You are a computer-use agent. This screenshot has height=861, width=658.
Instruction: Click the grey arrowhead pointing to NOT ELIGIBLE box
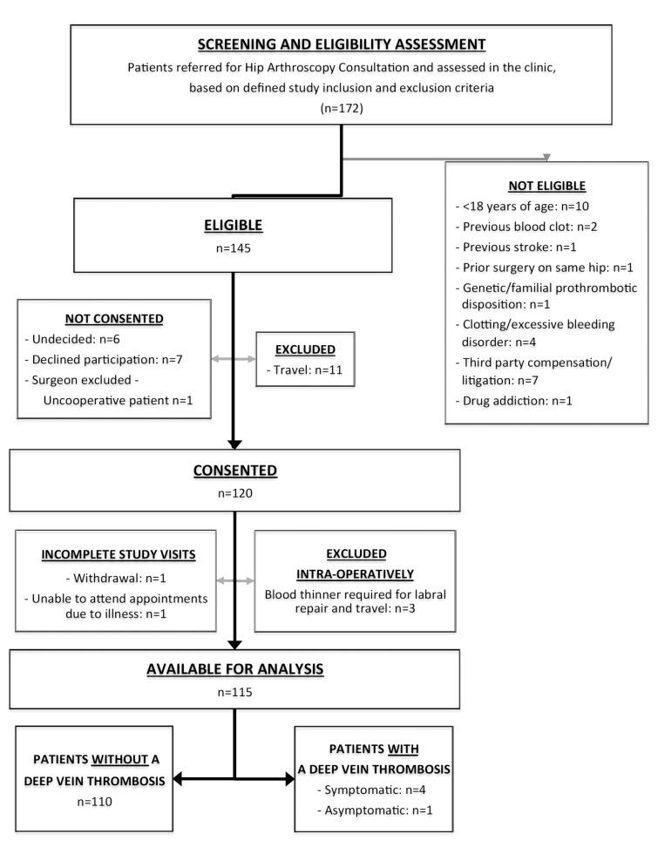(546, 159)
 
